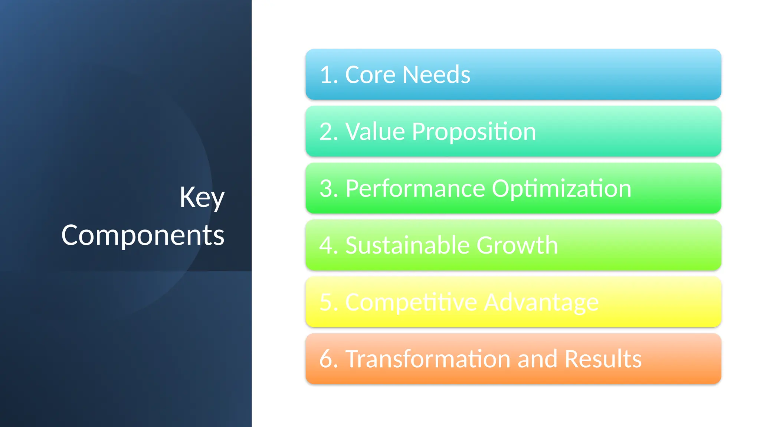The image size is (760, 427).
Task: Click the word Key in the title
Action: (202, 198)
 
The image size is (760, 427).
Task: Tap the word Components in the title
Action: (143, 235)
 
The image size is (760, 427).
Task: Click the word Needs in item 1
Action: (436, 75)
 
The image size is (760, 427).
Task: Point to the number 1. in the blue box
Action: (329, 75)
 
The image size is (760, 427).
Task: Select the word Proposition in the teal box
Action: (474, 132)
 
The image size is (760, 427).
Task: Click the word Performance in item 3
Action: (415, 189)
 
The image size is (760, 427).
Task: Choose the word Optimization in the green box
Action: (561, 189)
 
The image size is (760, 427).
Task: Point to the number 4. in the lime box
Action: (329, 245)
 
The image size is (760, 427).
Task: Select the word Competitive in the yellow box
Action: (411, 302)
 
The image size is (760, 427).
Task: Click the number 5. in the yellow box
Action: (329, 302)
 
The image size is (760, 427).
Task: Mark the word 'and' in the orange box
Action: (538, 359)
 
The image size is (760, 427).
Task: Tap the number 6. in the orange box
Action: (329, 359)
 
